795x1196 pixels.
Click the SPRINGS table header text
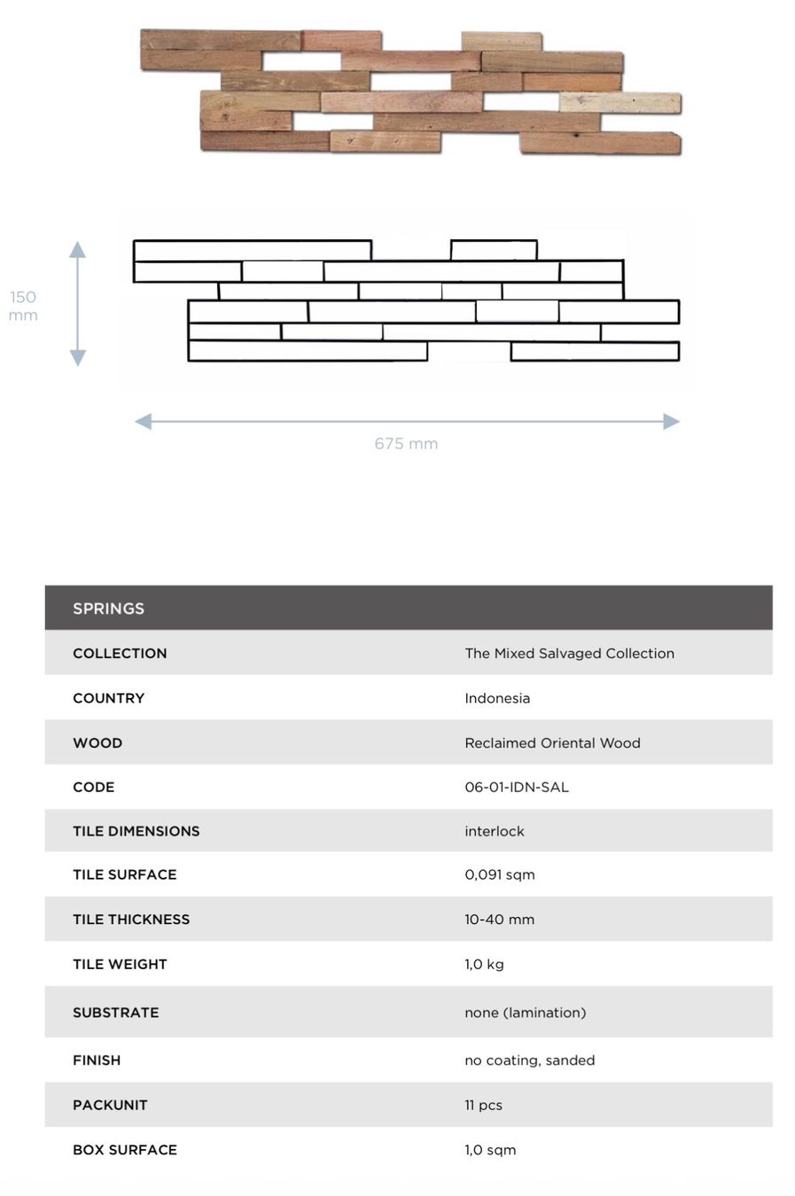click(108, 609)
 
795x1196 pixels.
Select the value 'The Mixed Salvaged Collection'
click(569, 654)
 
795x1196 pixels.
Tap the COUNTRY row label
click(108, 698)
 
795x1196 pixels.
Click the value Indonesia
click(497, 698)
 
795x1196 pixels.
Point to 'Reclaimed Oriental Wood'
click(552, 743)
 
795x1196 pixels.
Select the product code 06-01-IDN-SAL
click(516, 788)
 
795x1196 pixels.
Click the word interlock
click(495, 831)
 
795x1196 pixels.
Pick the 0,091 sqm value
click(500, 875)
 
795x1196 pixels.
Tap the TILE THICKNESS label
click(131, 920)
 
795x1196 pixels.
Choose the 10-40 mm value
click(499, 920)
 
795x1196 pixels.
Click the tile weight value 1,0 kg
click(484, 964)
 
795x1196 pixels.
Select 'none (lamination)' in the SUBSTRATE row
click(526, 1013)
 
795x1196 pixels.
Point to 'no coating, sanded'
click(529, 1060)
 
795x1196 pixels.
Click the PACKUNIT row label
click(110, 1106)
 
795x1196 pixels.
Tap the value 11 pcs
click(483, 1106)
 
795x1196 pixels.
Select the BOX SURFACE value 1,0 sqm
click(490, 1150)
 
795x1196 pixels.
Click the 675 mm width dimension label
click(406, 444)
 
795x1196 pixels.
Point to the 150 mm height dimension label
click(23, 306)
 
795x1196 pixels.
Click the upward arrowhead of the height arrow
click(77, 249)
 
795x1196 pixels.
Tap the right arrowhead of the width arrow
click(671, 422)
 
